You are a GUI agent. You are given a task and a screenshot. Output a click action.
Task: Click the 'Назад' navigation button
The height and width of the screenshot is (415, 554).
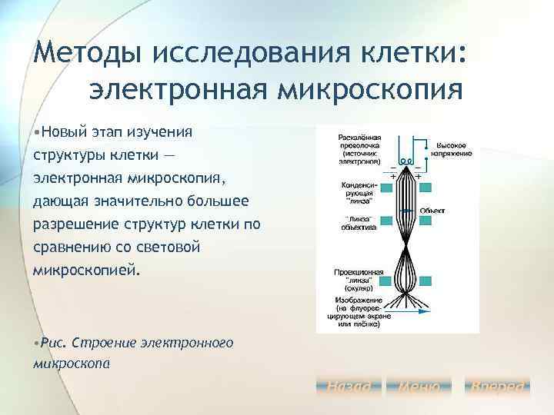[x=349, y=387]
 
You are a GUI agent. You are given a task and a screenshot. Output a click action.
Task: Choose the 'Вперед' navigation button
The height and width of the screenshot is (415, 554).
[x=499, y=387]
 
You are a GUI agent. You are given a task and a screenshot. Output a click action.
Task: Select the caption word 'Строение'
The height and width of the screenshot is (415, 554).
[x=104, y=342]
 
